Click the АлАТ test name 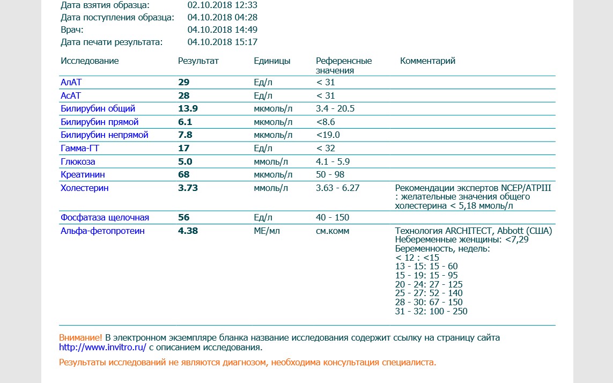coord(71,82)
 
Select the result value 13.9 coord(188,108)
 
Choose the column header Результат coord(198,61)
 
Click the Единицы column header coord(272,61)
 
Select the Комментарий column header coord(427,61)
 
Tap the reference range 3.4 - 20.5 coord(335,108)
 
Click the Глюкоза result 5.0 coord(185,161)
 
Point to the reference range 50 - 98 coord(330,174)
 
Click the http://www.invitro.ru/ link coord(102,347)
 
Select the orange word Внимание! coord(80,337)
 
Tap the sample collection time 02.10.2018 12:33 coord(223,5)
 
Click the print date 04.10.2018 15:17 coord(223,42)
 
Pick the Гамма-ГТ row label coord(79,148)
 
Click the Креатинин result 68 coord(184,174)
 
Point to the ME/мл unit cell coord(267,231)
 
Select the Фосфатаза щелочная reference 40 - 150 coord(333,217)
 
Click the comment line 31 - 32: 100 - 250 coord(431,311)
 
